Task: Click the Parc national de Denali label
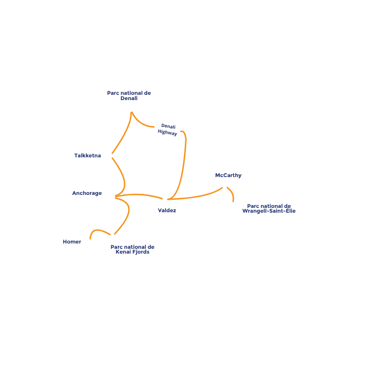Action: [129, 96]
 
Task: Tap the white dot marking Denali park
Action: [130, 110]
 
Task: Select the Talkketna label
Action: [88, 155]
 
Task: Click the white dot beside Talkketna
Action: [110, 155]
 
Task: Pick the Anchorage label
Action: [87, 193]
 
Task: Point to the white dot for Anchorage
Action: [113, 196]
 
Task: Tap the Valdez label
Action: [167, 210]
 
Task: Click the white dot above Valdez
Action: [165, 199]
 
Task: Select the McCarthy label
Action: [228, 176]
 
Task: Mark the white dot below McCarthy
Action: [224, 186]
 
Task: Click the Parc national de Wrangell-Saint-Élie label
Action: [269, 208]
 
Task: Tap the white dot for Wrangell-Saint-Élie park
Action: [232, 205]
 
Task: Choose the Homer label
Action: [72, 242]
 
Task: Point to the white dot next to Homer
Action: [90, 242]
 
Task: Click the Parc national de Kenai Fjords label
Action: [132, 249]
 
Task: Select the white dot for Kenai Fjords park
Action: [113, 236]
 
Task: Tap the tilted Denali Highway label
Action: [167, 129]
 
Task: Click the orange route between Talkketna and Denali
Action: [122, 135]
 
